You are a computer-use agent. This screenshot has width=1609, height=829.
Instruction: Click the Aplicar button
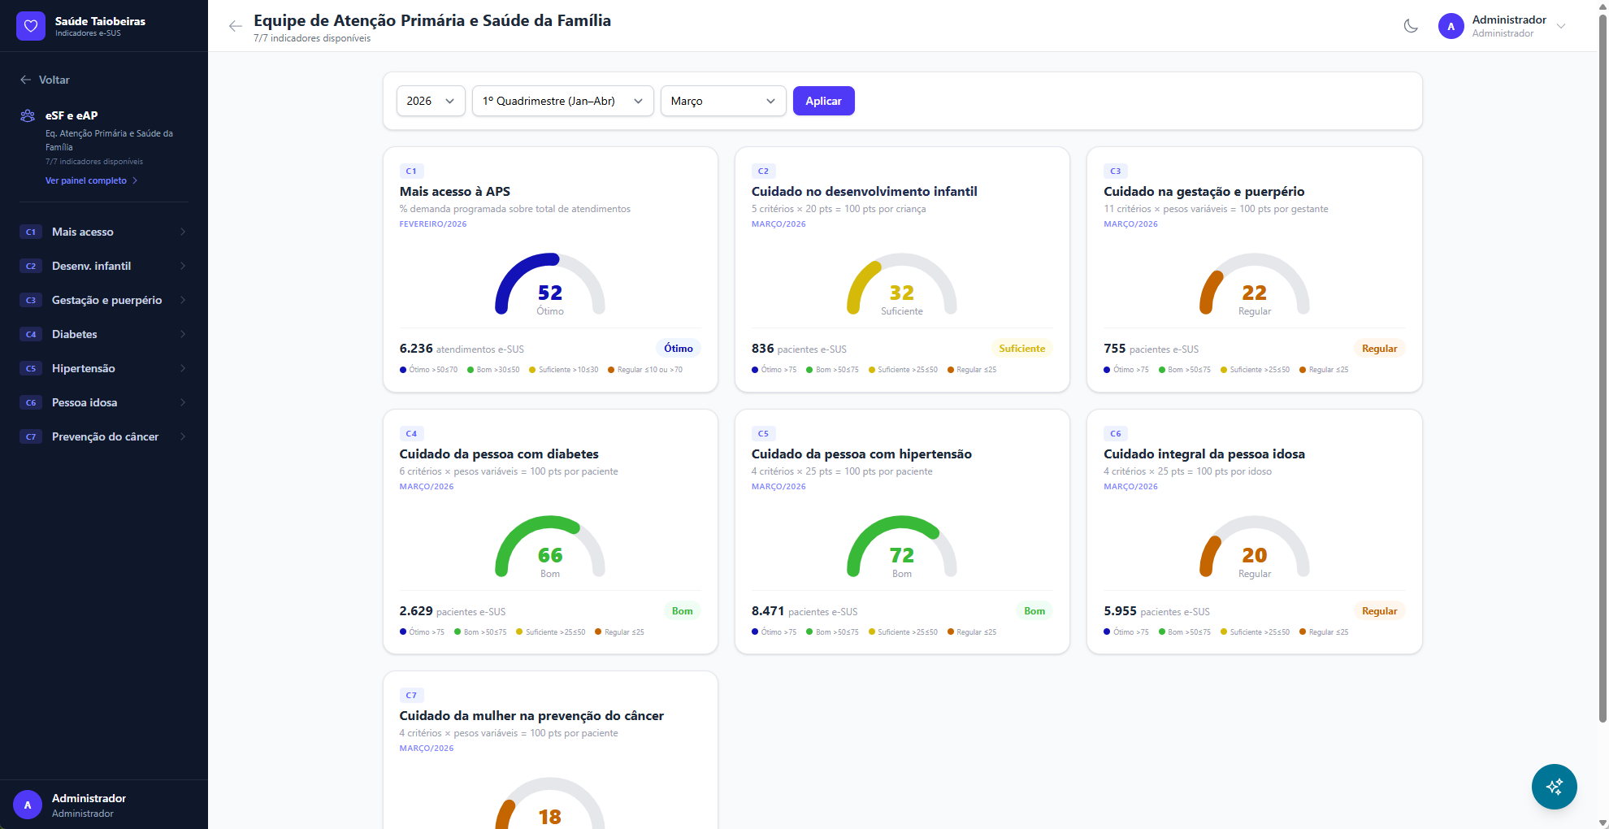823,101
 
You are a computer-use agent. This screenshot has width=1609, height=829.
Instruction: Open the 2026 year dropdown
430,101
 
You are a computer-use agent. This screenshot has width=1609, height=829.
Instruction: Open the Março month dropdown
722,101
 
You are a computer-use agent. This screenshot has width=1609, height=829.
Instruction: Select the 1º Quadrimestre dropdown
562,101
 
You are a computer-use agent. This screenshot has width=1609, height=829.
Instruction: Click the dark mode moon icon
1411,26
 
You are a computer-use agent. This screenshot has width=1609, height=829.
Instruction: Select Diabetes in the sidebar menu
75,334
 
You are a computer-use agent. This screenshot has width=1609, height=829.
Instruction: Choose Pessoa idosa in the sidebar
85,402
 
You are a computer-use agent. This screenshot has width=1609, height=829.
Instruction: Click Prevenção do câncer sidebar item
105,436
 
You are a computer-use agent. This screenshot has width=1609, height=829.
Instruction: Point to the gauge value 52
550,293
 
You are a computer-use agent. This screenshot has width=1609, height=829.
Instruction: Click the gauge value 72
902,555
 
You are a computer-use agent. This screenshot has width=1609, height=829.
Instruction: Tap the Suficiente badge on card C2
1021,349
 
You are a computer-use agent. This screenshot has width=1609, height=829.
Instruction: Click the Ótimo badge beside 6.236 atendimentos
678,349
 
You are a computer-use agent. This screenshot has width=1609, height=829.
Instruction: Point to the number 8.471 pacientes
768,611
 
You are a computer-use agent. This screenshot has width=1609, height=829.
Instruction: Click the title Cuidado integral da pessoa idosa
1203,454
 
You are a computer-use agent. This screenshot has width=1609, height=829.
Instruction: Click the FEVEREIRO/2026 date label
433,224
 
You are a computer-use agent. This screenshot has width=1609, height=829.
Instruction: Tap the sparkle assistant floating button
1554,786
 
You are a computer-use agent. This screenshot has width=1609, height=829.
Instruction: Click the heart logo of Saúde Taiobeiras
31,26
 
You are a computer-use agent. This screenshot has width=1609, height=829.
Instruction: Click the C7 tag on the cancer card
411,696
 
